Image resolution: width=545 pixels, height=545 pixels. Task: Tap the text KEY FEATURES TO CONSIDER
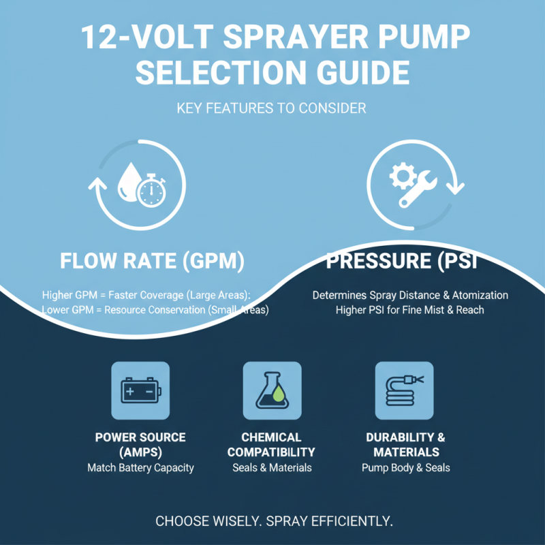click(x=272, y=108)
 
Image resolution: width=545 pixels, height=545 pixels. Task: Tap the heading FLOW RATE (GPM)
click(x=151, y=262)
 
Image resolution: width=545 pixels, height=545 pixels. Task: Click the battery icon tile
click(x=140, y=390)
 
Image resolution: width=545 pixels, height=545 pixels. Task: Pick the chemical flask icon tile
click(x=271, y=390)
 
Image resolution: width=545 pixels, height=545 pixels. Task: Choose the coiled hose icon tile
click(x=404, y=390)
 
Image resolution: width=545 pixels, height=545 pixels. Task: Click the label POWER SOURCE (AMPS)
click(x=140, y=444)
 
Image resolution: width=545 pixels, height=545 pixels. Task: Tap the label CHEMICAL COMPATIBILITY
click(x=271, y=444)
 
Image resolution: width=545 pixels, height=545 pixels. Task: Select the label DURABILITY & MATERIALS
click(x=406, y=444)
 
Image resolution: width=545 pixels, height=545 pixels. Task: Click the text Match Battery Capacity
click(x=140, y=467)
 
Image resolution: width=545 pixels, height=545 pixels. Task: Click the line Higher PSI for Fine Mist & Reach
click(x=410, y=310)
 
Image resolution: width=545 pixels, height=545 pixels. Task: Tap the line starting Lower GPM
click(x=155, y=310)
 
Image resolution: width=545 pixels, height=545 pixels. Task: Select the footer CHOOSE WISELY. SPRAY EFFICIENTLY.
click(x=274, y=521)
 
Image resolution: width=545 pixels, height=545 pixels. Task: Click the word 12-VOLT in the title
click(x=144, y=38)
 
